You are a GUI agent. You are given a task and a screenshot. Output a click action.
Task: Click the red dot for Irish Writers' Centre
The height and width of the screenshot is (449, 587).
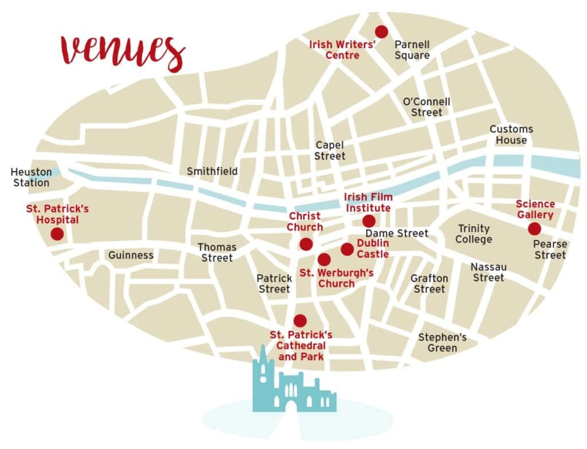(x=381, y=31)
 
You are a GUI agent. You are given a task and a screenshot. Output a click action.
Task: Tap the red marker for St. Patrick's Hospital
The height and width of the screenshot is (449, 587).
(x=57, y=234)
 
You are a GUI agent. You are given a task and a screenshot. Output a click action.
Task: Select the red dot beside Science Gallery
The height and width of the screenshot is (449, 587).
(x=534, y=229)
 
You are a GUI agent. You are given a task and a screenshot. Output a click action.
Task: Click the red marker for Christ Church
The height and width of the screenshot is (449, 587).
(x=306, y=245)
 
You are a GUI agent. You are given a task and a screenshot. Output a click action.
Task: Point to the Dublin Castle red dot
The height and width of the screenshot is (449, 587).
(x=347, y=249)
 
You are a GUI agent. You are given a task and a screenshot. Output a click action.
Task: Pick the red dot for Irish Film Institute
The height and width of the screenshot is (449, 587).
(x=369, y=221)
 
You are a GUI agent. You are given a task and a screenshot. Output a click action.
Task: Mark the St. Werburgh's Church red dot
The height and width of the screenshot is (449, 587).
(x=324, y=259)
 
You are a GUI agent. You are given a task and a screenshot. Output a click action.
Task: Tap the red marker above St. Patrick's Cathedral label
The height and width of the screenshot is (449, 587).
(x=300, y=321)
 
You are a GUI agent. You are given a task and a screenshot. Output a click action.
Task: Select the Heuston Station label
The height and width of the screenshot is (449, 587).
(x=31, y=178)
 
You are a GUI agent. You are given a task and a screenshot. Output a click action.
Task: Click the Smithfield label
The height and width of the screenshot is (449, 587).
(x=212, y=171)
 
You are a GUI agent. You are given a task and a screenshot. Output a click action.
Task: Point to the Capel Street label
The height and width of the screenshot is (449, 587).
(x=330, y=151)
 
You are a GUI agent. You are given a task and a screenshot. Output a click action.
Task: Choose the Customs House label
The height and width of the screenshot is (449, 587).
(x=511, y=135)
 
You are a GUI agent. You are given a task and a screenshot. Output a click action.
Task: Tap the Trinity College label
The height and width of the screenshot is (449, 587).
(x=473, y=234)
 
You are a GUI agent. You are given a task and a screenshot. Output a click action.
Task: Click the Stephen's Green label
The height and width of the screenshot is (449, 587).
(x=442, y=342)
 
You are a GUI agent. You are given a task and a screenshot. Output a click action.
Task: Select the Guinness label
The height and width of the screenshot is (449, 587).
(x=131, y=255)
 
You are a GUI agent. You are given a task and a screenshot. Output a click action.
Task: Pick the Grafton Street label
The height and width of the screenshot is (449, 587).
(x=429, y=283)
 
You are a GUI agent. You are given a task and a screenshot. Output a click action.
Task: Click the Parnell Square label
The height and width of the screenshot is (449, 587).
(x=412, y=50)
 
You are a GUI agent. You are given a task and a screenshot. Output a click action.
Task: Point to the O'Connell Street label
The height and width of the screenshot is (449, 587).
(x=426, y=107)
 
